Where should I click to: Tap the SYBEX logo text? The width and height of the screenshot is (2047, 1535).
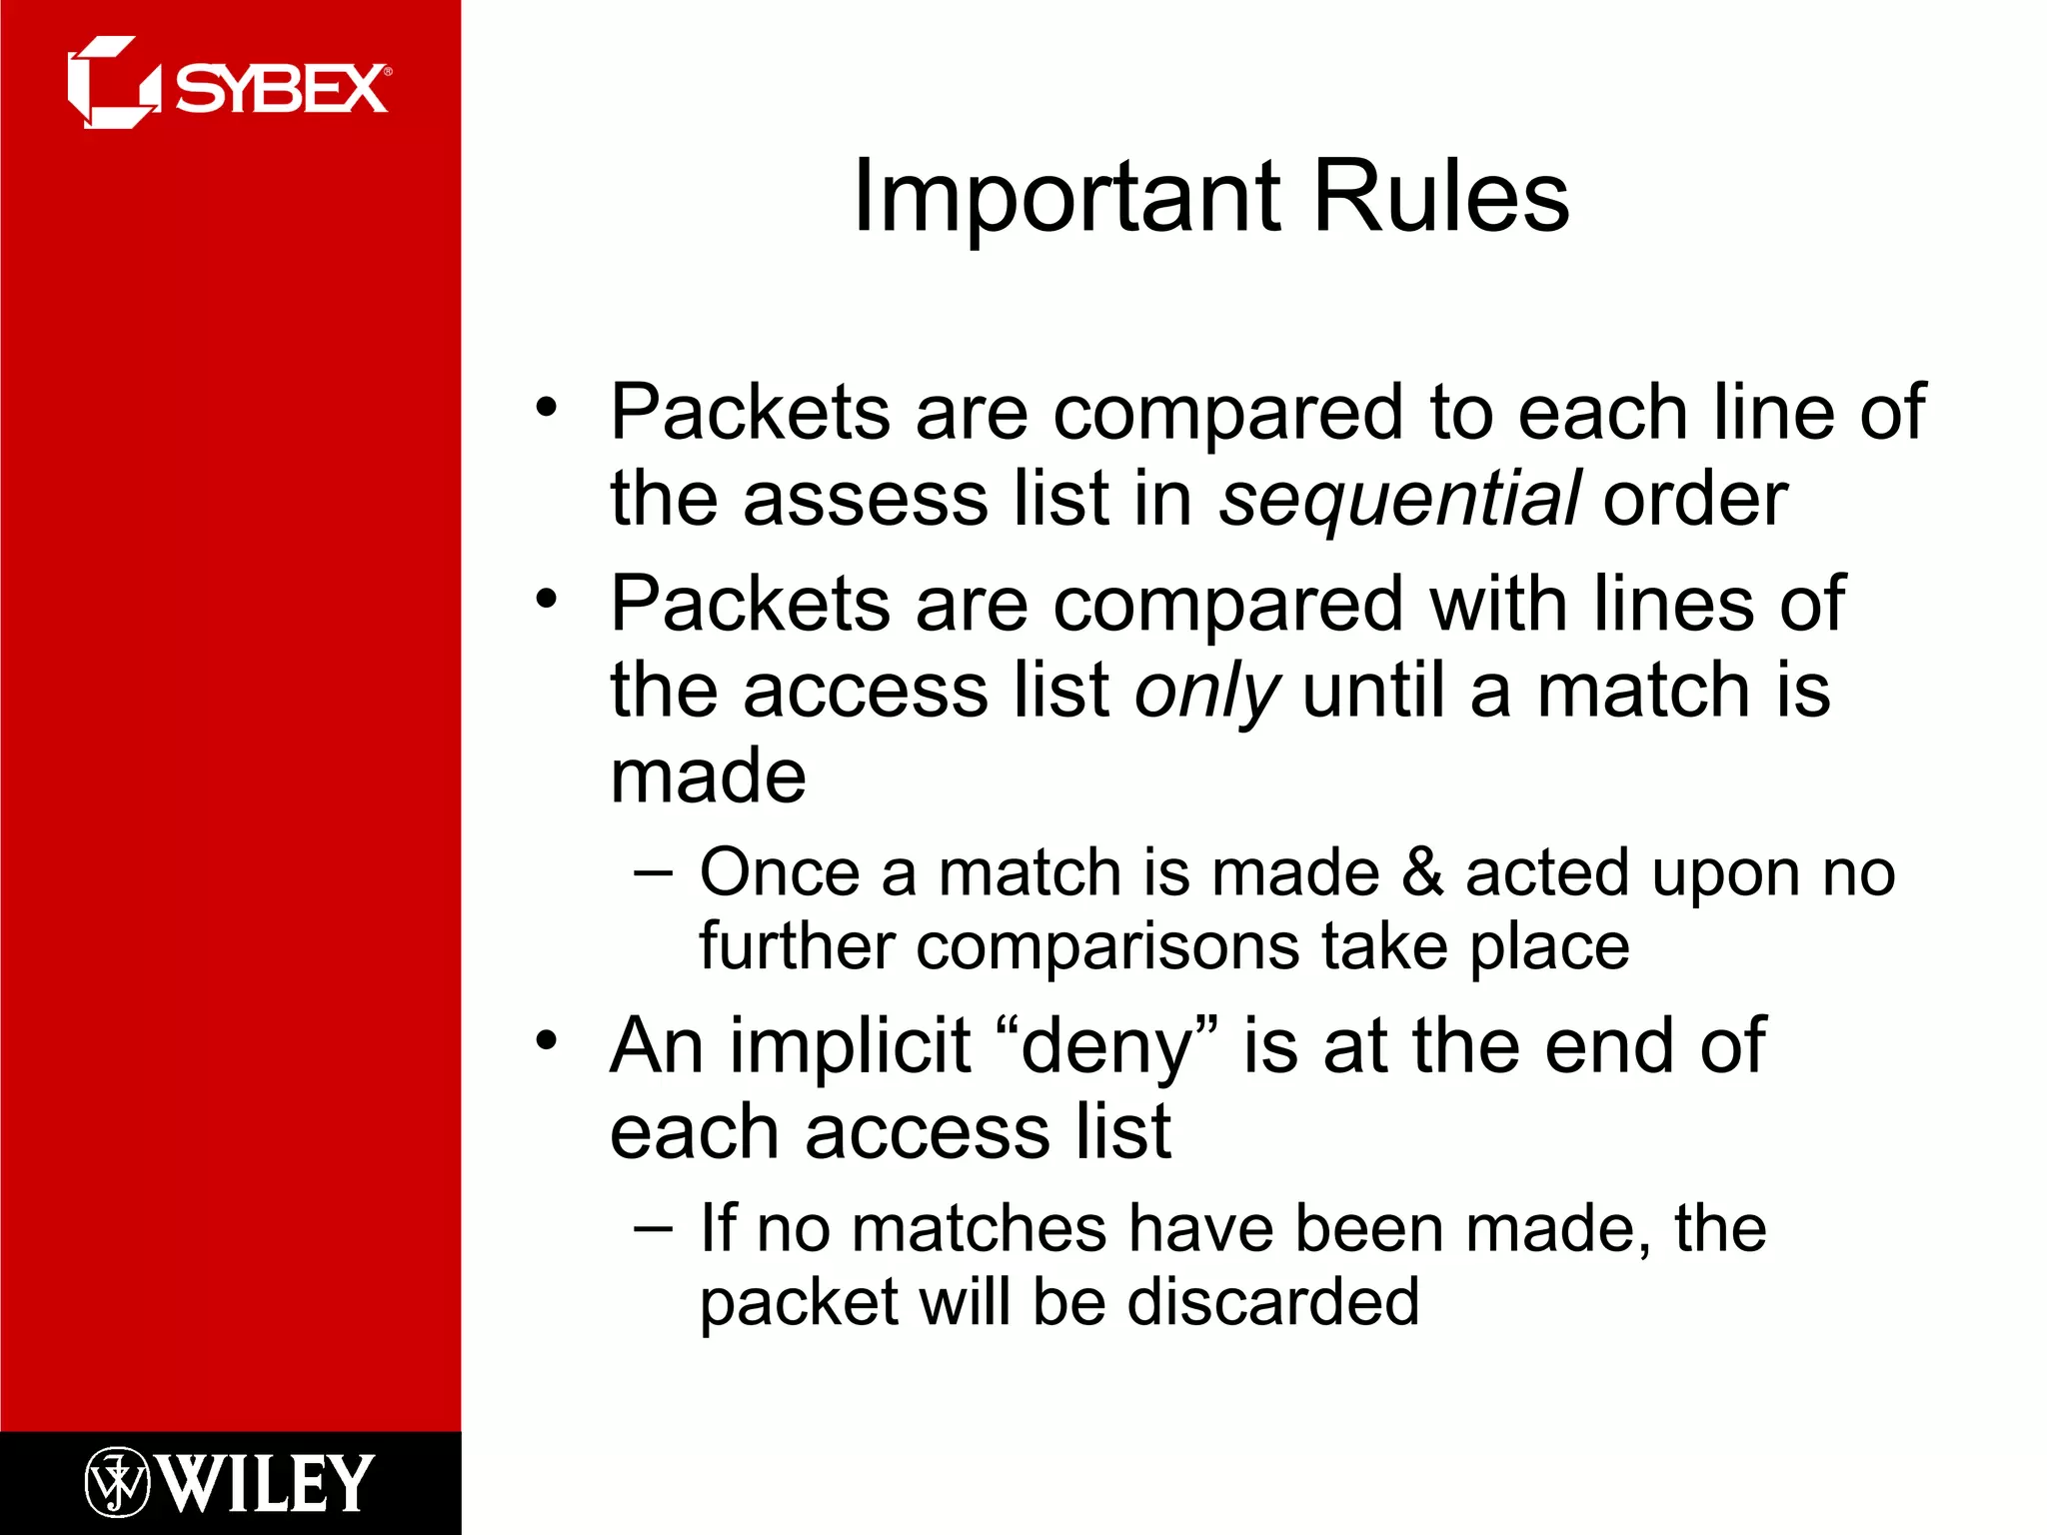pos(282,90)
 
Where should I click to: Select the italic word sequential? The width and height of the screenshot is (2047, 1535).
pos(1399,500)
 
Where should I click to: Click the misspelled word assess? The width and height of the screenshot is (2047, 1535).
pos(866,500)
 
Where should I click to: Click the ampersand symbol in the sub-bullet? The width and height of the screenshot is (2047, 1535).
pos(1421,872)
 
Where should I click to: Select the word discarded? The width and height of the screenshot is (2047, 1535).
pos(1272,1302)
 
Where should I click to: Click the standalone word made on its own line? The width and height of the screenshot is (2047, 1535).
pos(708,776)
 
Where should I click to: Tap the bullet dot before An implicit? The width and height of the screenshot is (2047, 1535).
pos(546,1040)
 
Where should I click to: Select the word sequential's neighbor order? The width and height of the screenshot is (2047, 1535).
pos(1695,500)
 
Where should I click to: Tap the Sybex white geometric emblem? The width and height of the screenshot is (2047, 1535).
pos(112,84)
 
